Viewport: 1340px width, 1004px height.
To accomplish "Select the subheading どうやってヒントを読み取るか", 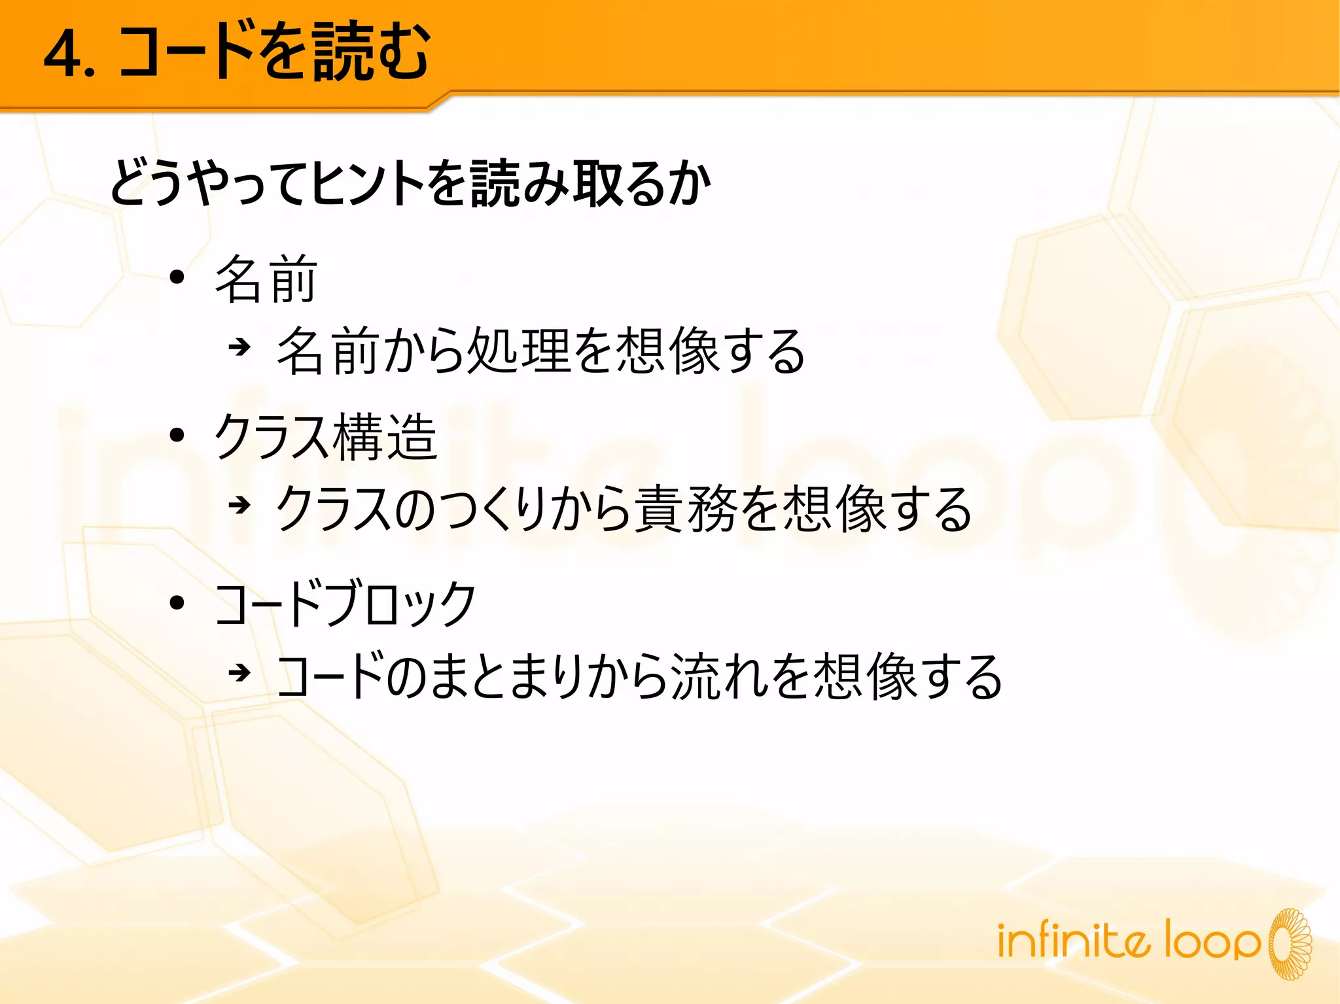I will (410, 183).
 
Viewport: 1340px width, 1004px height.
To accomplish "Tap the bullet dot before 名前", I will (177, 278).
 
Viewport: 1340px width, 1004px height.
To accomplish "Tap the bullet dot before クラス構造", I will (177, 435).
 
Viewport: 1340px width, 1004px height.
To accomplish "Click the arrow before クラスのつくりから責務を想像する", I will (239, 504).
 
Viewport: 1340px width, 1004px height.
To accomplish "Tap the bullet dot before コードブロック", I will (177, 602).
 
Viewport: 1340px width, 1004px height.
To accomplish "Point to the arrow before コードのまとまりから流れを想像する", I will (239, 672).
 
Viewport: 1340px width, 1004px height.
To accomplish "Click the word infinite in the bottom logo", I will (1073, 941).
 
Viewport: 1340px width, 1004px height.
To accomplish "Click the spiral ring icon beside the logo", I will (1290, 944).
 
